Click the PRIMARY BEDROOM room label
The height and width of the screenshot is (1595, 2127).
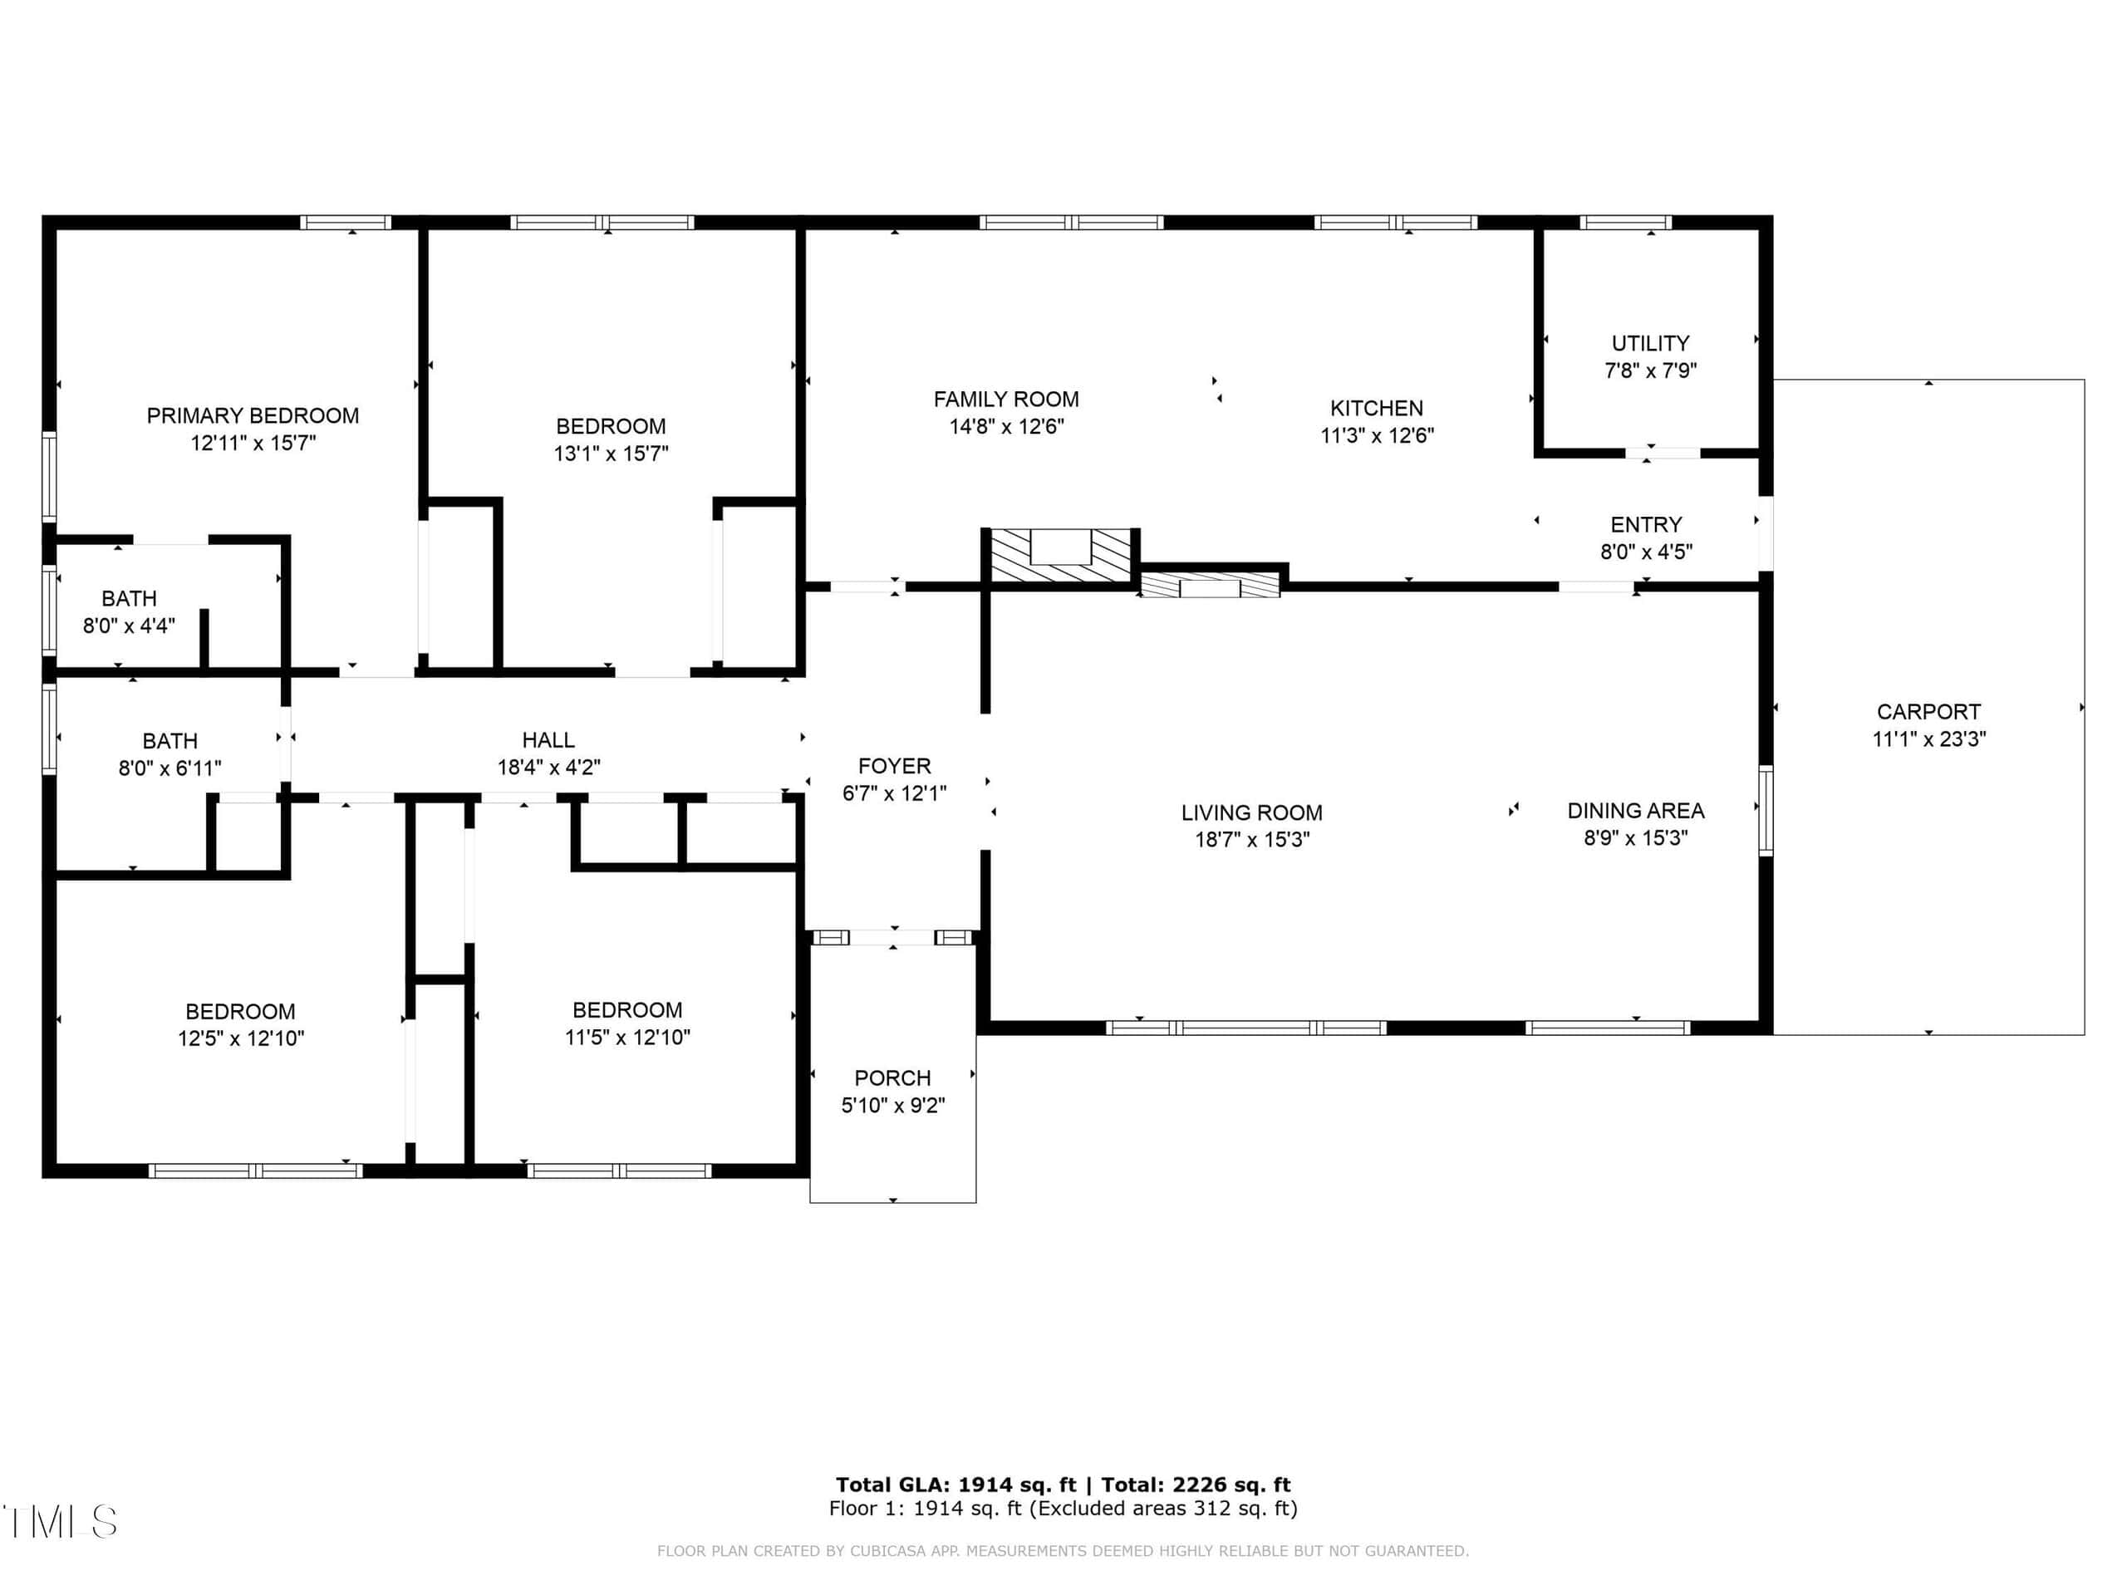point(253,415)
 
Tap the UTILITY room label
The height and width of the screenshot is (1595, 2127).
point(1650,343)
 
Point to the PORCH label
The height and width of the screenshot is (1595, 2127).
point(892,1077)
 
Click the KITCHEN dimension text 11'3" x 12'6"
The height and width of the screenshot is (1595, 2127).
point(1377,435)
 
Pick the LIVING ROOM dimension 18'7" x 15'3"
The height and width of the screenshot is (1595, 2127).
point(1252,839)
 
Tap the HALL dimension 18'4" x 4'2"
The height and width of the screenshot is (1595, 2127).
point(549,768)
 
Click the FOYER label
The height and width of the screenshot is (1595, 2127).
point(894,766)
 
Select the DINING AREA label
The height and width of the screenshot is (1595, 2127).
point(1636,811)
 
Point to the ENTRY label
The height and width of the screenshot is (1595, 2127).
point(1646,525)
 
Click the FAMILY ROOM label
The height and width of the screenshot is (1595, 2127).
point(1006,399)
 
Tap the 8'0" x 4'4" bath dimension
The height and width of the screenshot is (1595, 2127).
point(129,626)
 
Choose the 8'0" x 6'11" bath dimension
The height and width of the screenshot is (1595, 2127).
point(170,768)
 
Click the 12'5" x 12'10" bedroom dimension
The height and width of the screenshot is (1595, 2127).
point(240,1038)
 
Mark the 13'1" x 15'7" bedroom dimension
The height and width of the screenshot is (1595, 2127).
point(611,453)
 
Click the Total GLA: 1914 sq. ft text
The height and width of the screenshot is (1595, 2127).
point(955,1485)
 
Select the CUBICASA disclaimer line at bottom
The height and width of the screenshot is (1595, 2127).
point(1063,1551)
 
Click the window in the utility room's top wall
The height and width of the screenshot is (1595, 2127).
point(1626,222)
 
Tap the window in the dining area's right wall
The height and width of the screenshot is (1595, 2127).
point(1766,809)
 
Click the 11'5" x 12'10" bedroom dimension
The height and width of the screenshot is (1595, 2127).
point(627,1038)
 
